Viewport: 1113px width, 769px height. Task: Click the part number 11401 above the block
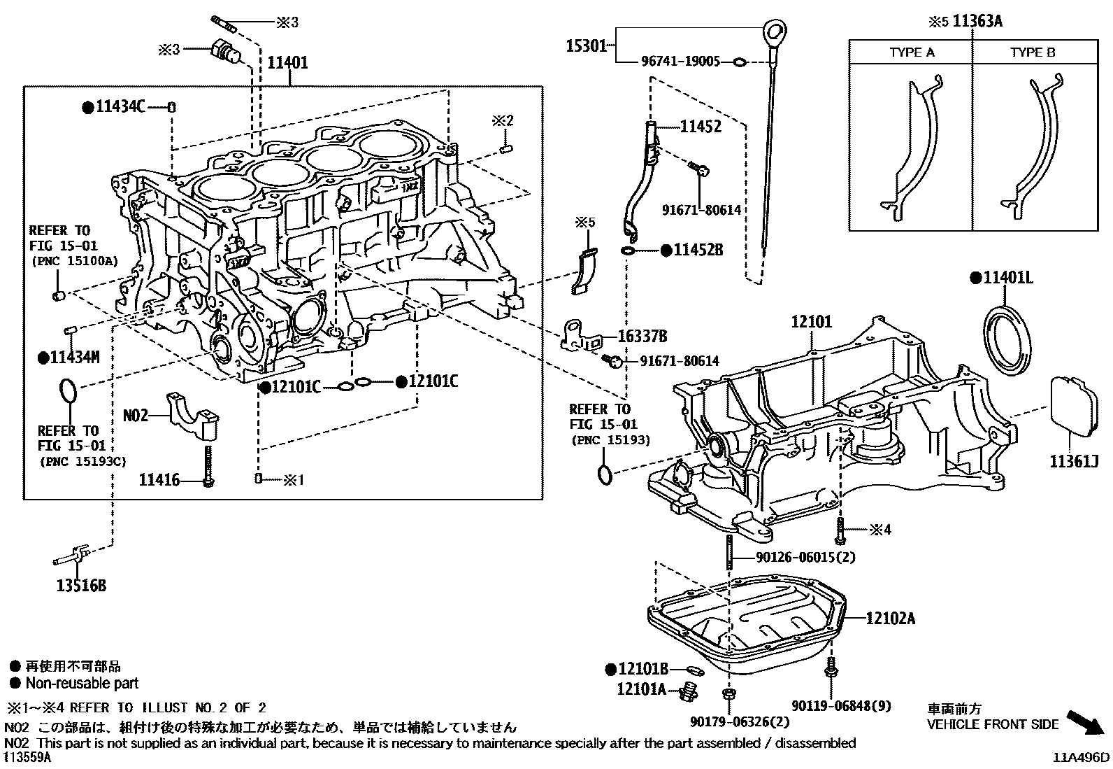287,63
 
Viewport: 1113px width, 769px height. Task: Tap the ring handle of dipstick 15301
773,31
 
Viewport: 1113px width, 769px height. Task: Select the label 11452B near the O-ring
698,250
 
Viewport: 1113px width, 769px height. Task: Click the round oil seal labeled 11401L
1008,337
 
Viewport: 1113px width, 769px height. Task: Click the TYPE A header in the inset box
912,52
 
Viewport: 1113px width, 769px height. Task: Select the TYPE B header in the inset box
1033,52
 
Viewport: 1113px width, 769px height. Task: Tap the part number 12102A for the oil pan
890,619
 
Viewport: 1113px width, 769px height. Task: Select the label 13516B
81,586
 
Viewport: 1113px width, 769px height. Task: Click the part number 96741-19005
680,62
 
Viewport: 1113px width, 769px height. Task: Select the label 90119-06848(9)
842,706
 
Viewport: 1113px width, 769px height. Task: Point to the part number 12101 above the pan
812,323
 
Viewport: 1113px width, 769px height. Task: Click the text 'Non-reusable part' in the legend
82,684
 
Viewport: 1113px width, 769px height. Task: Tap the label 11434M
74,358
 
